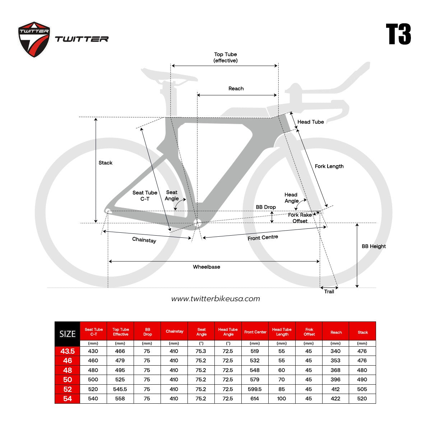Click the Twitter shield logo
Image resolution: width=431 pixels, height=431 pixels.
34,40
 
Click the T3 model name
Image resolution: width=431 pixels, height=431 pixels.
398,34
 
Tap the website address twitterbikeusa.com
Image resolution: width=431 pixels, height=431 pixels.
215,299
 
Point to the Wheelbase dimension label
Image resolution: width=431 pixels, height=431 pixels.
207,267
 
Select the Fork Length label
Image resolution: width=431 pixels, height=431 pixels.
329,166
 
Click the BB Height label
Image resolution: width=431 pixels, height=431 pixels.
374,246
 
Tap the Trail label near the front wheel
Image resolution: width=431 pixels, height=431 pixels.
329,292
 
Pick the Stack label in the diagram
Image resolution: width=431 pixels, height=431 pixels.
105,163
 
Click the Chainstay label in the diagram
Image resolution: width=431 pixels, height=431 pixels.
144,240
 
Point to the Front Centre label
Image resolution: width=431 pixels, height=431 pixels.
263,237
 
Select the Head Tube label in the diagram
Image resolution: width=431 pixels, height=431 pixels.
310,122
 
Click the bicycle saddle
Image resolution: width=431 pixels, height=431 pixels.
169,75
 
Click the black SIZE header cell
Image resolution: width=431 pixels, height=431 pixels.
67,334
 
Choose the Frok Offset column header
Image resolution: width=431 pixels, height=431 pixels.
309,332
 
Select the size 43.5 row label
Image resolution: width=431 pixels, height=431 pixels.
67,351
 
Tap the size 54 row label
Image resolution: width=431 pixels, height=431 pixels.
67,399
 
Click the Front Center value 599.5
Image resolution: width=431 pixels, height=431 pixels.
255,389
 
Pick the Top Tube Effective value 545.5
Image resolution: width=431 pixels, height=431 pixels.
120,389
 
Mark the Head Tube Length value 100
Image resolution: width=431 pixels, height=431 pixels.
281,399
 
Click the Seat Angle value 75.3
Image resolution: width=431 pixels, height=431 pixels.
201,351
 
